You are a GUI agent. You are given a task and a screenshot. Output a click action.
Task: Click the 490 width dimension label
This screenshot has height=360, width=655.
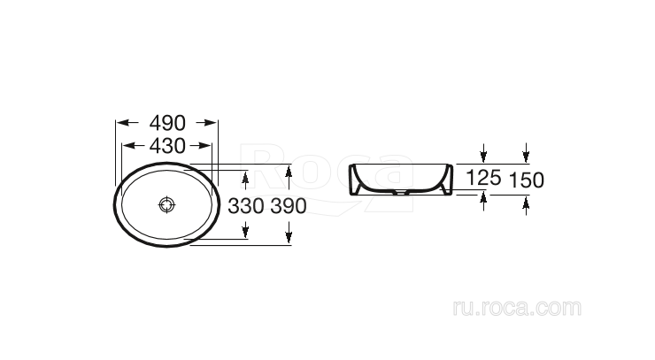pos(167,124)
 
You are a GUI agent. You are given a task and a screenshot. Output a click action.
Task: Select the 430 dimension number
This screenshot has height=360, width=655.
pos(166,146)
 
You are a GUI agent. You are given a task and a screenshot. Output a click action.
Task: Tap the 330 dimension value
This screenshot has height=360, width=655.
pos(245,206)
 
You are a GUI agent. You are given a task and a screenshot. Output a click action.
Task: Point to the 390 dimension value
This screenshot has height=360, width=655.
pos(289,206)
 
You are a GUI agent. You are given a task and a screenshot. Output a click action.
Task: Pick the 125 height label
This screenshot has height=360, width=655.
pos(483,178)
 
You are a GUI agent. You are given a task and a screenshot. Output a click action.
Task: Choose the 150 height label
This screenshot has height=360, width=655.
pos(527,180)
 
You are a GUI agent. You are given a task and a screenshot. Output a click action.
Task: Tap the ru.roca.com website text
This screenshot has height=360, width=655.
pos(516,308)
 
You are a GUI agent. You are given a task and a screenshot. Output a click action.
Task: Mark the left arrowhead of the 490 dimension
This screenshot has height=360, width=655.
pos(121,124)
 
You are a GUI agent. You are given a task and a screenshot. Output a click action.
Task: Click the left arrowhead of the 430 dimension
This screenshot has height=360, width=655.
pos(126,146)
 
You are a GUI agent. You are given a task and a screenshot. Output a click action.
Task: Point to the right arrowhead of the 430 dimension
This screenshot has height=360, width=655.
pos(206,146)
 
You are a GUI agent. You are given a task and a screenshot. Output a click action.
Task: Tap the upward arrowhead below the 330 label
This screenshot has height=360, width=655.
pos(245,233)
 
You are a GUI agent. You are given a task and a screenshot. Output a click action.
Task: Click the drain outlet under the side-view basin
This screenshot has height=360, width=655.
pos(404,192)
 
